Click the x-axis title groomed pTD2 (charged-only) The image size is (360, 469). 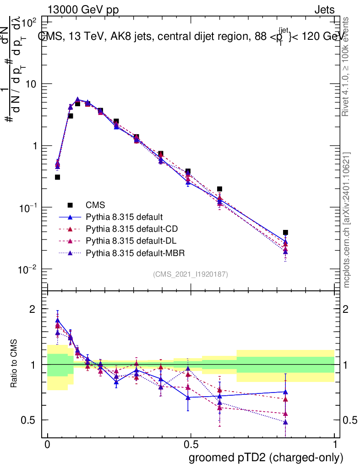coord(266,457)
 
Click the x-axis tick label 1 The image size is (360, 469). coord(334,445)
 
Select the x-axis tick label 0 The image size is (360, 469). coord(47,445)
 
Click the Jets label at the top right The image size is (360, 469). coord(324,10)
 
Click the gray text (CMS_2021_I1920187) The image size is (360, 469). coord(191,274)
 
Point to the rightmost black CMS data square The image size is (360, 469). coord(285,233)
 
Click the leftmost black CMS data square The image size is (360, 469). coord(57,177)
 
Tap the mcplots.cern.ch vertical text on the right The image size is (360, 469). coord(348,220)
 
